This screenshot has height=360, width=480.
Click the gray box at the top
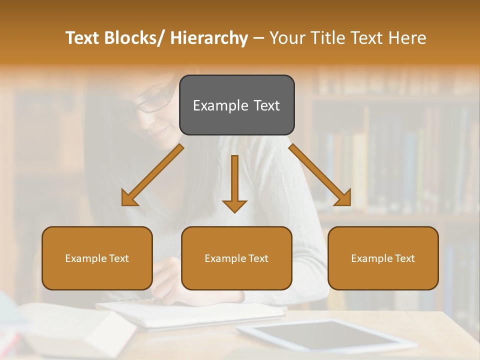(236, 105)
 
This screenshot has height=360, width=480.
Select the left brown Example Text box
(97, 258)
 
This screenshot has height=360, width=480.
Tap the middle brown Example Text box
(236, 258)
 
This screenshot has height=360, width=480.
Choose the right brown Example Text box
(383, 258)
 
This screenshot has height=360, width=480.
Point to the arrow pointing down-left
(152, 175)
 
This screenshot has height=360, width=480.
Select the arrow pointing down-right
(320, 175)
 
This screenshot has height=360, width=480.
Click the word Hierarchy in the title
(209, 38)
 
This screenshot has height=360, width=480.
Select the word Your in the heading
(286, 38)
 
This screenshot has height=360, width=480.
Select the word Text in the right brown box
(405, 258)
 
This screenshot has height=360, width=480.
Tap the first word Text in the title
(83, 38)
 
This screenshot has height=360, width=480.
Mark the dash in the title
(258, 38)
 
